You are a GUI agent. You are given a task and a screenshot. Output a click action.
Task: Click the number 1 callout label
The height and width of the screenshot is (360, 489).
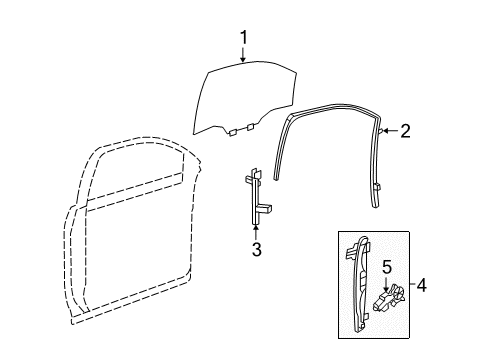tap(241, 39)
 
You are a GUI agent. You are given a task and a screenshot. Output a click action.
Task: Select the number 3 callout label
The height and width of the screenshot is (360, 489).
tap(256, 250)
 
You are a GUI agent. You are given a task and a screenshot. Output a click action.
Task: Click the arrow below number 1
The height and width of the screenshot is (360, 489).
tap(241, 56)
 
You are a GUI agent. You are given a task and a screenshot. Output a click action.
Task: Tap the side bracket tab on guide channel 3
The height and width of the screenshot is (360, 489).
tap(269, 209)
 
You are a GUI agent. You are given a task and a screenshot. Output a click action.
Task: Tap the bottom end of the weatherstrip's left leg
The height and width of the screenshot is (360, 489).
tap(279, 175)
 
